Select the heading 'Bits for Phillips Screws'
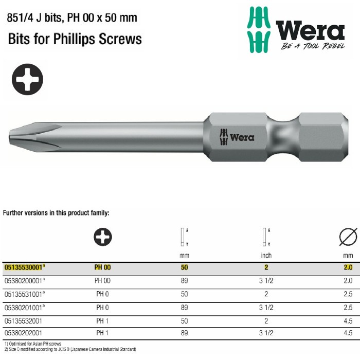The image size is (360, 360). (75, 39)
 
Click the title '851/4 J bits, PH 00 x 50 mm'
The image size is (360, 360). (72, 18)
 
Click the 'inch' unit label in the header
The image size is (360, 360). (267, 255)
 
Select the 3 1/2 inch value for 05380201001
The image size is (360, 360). (267, 307)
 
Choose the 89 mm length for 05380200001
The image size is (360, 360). (184, 281)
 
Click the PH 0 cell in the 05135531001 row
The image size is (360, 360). (102, 294)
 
